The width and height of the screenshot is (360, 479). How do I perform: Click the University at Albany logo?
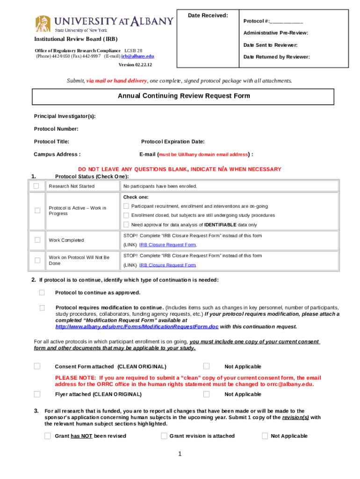click(104, 22)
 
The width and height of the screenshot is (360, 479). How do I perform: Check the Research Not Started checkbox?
click(36, 186)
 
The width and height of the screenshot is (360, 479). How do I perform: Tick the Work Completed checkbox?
click(37, 240)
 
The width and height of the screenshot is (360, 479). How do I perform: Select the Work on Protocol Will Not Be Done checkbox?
click(37, 260)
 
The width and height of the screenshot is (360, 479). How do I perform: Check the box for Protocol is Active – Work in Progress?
click(37, 210)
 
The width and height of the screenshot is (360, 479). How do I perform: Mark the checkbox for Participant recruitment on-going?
click(126, 206)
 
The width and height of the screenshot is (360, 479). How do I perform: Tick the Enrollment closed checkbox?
click(126, 215)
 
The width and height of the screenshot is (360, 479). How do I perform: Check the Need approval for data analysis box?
click(126, 225)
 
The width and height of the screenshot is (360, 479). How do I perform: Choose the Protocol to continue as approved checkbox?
click(42, 292)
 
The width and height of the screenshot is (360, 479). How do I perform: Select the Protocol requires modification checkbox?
click(42, 308)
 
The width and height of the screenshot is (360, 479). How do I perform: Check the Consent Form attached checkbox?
click(37, 366)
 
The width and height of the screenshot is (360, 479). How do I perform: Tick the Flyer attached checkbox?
click(37, 394)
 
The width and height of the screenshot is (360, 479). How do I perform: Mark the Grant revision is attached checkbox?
click(164, 436)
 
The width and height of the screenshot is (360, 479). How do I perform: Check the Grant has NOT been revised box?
click(48, 436)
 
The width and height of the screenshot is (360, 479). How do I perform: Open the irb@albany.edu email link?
click(137, 56)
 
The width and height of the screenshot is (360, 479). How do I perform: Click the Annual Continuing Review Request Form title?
click(184, 96)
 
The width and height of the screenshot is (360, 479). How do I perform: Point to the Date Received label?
click(208, 16)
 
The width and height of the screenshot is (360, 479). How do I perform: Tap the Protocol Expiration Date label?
click(173, 142)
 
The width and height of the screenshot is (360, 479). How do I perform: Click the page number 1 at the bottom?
click(180, 453)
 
